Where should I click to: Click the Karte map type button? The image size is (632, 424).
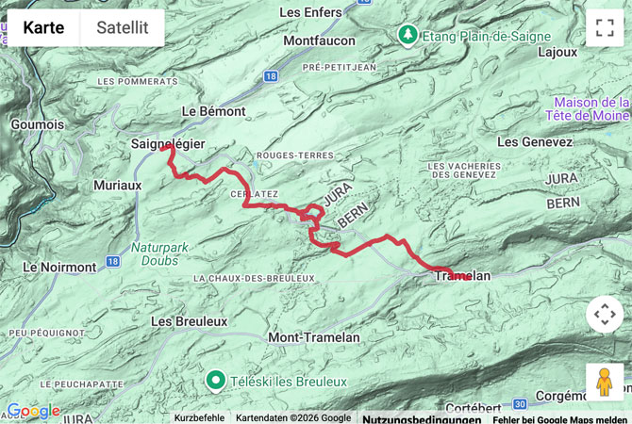[x=43, y=28]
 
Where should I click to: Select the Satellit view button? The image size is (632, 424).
[x=122, y=28]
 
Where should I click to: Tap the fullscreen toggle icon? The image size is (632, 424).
[x=605, y=28]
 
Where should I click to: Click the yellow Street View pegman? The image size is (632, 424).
[x=605, y=382]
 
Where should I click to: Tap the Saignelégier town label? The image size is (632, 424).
[x=167, y=143]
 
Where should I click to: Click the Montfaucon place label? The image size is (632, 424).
[x=319, y=41]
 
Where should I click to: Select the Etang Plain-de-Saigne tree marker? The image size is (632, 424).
[x=407, y=35]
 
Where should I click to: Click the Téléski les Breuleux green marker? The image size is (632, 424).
[x=215, y=381]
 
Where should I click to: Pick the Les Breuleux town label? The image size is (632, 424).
[x=189, y=321]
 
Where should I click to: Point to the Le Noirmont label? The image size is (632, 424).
[x=58, y=267]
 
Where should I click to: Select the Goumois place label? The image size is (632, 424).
[x=38, y=123]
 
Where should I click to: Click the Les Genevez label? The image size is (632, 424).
[x=534, y=141]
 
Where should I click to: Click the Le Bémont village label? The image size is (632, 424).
[x=213, y=110]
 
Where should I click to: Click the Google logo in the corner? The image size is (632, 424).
[x=33, y=412]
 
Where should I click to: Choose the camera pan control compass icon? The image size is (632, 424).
[x=605, y=314]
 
